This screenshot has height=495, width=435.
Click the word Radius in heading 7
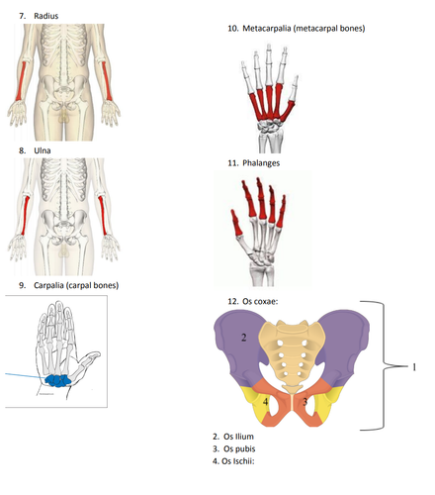pos(46,16)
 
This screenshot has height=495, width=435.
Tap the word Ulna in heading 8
pos(43,150)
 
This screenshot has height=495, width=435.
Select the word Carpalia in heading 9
pos(49,285)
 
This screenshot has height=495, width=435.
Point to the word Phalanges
pos(261,163)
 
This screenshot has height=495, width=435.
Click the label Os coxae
pos(260,301)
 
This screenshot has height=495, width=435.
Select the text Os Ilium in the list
pos(238,437)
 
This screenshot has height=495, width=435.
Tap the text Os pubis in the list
pos(239,449)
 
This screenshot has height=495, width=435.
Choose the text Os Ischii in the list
pos(237,461)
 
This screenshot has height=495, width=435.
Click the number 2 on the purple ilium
pos(244,338)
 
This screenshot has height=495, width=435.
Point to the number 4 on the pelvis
pos(265,402)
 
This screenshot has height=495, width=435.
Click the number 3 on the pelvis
pos(305,401)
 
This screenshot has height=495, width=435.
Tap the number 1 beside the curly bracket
pos(414,366)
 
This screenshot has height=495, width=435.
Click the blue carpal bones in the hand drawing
pos(58,380)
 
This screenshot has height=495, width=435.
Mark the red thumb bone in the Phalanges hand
pos(236,223)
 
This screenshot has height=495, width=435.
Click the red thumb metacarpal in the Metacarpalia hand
pos(288,111)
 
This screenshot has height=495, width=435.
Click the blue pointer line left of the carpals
pos(26,375)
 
